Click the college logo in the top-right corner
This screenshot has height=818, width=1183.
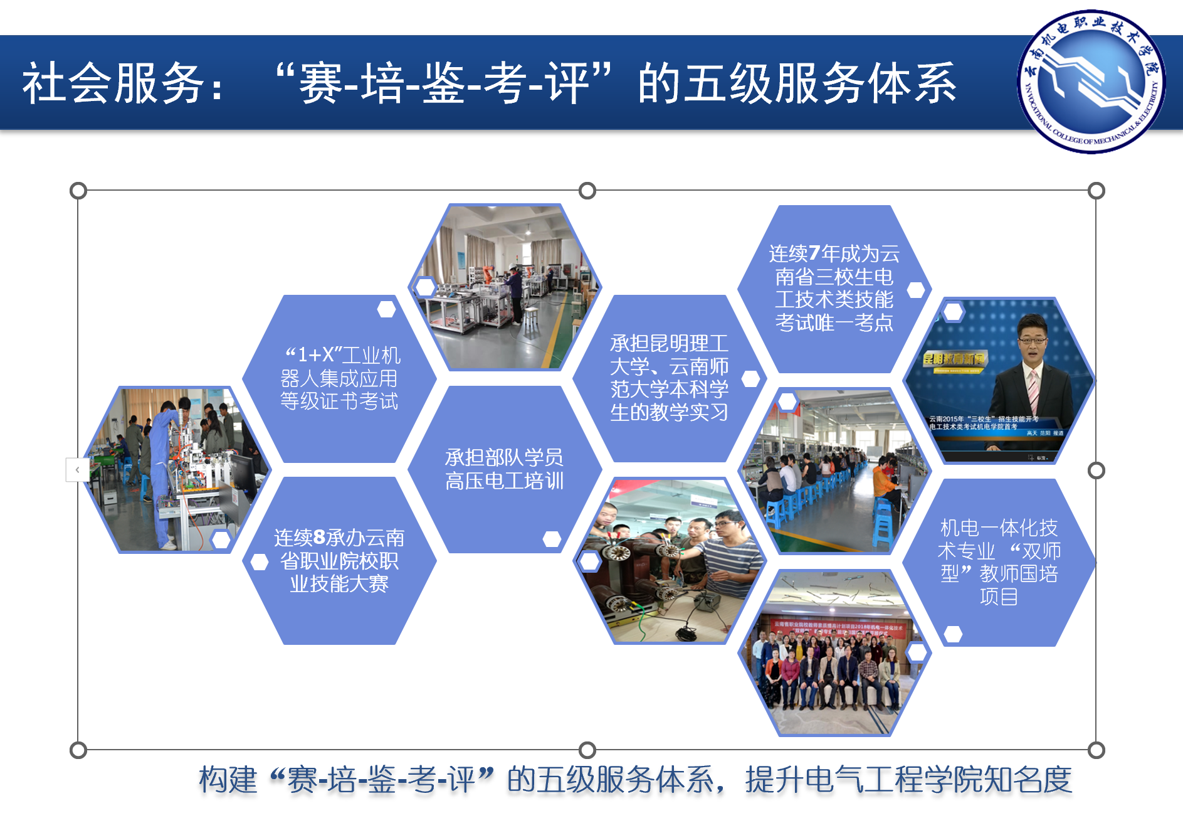[1090, 82]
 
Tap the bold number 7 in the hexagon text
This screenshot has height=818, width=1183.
[814, 253]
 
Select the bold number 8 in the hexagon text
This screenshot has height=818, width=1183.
[319, 537]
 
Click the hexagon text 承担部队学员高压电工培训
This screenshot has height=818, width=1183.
[504, 469]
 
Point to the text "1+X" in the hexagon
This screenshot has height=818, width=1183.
[317, 355]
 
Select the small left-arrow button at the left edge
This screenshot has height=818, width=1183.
[77, 469]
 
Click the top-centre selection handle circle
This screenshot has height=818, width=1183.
[587, 190]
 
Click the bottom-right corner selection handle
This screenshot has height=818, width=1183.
[1096, 750]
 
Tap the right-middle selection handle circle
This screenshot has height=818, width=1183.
[1096, 470]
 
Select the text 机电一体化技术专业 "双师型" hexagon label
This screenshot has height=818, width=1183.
[999, 561]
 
